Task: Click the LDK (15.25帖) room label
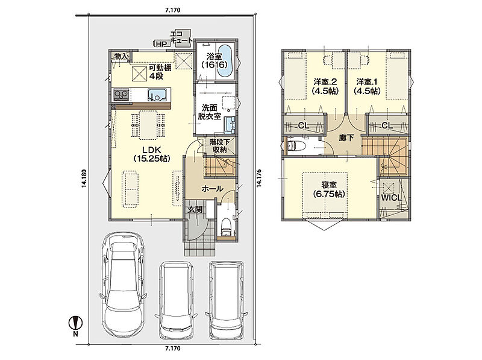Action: tap(152, 154)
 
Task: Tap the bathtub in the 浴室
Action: tap(226, 61)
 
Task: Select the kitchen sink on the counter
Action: tap(159, 94)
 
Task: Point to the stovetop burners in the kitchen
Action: tap(122, 94)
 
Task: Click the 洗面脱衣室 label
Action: tap(209, 112)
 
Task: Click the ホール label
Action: tap(213, 189)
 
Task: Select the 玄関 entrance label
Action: tap(195, 209)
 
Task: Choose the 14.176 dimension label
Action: tap(258, 178)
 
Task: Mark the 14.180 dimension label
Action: tap(84, 178)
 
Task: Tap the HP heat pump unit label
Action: tap(161, 44)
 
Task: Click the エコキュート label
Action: tap(181, 37)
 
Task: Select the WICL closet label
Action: tap(392, 198)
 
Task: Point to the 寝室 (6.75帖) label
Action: tap(329, 189)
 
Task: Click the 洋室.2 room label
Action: tap(325, 86)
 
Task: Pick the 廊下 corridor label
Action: tap(346, 138)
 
